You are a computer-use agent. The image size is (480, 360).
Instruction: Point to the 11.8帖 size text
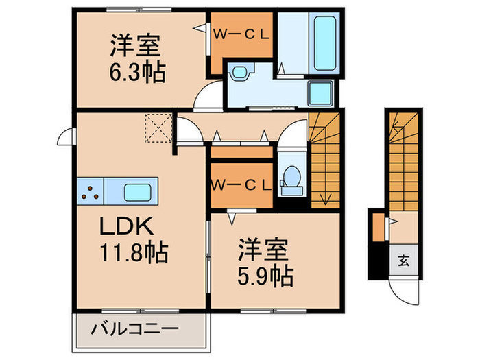pos(134,254)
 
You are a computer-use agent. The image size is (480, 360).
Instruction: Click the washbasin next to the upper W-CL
pos(241,71)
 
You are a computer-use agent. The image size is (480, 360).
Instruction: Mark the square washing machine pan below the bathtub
pos(320,94)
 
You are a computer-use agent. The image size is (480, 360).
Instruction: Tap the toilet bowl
pos(292,178)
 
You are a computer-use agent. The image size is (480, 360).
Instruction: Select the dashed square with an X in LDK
pos(156,128)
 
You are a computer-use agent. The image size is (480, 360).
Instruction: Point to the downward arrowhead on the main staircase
pos(325,202)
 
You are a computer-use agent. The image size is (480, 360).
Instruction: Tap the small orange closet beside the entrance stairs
pos(379,228)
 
